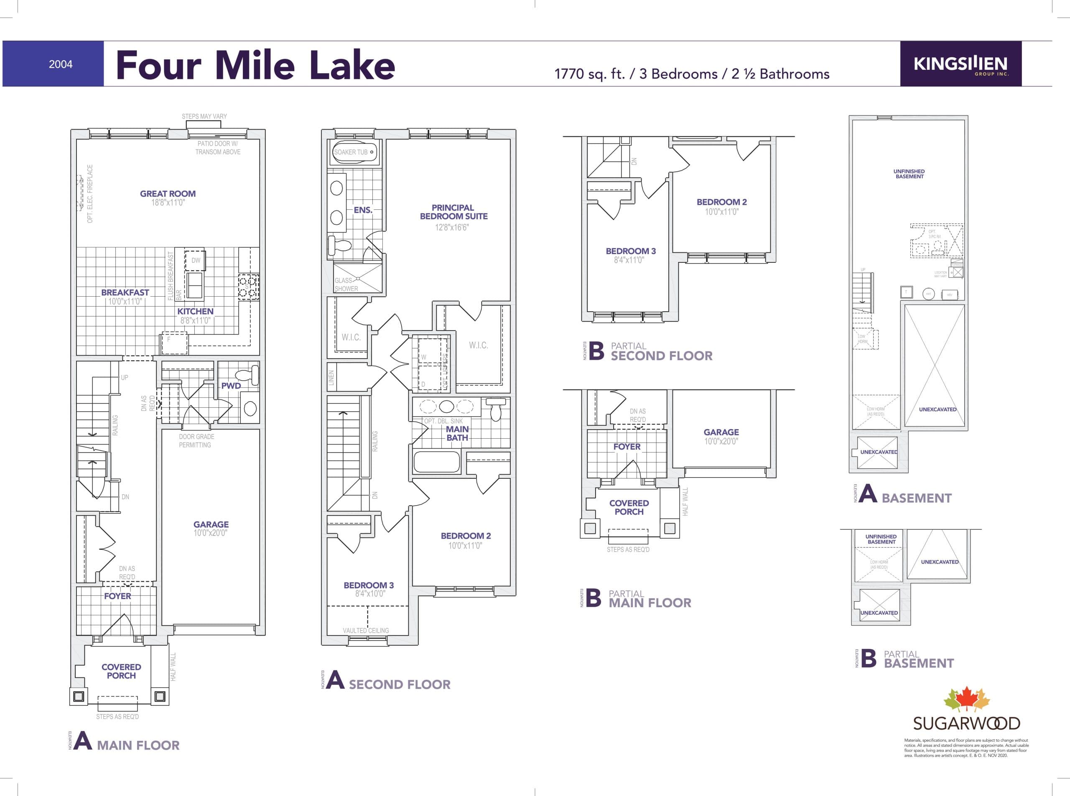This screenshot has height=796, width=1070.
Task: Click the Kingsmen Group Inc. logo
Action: [x=960, y=64]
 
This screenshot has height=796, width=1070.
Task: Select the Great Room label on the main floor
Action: [x=168, y=194]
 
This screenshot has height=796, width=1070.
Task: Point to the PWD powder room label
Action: [x=231, y=386]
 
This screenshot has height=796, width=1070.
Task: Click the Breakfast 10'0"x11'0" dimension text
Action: [x=125, y=302]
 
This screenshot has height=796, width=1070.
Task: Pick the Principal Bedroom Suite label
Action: [x=453, y=212]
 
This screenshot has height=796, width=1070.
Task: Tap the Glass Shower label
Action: [x=346, y=284]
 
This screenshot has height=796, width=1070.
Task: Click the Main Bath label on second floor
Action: [x=457, y=433]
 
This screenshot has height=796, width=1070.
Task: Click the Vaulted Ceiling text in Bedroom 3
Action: [x=366, y=630]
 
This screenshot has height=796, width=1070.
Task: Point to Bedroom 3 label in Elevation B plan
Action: [x=630, y=251]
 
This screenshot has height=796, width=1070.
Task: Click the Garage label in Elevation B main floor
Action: [x=721, y=432]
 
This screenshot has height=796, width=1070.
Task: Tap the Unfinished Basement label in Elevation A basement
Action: [x=909, y=174]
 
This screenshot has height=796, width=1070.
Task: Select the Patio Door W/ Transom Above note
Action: [x=218, y=148]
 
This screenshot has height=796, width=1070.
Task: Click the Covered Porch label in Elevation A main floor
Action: [x=122, y=671]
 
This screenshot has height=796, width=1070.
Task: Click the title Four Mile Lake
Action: [x=255, y=65]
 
